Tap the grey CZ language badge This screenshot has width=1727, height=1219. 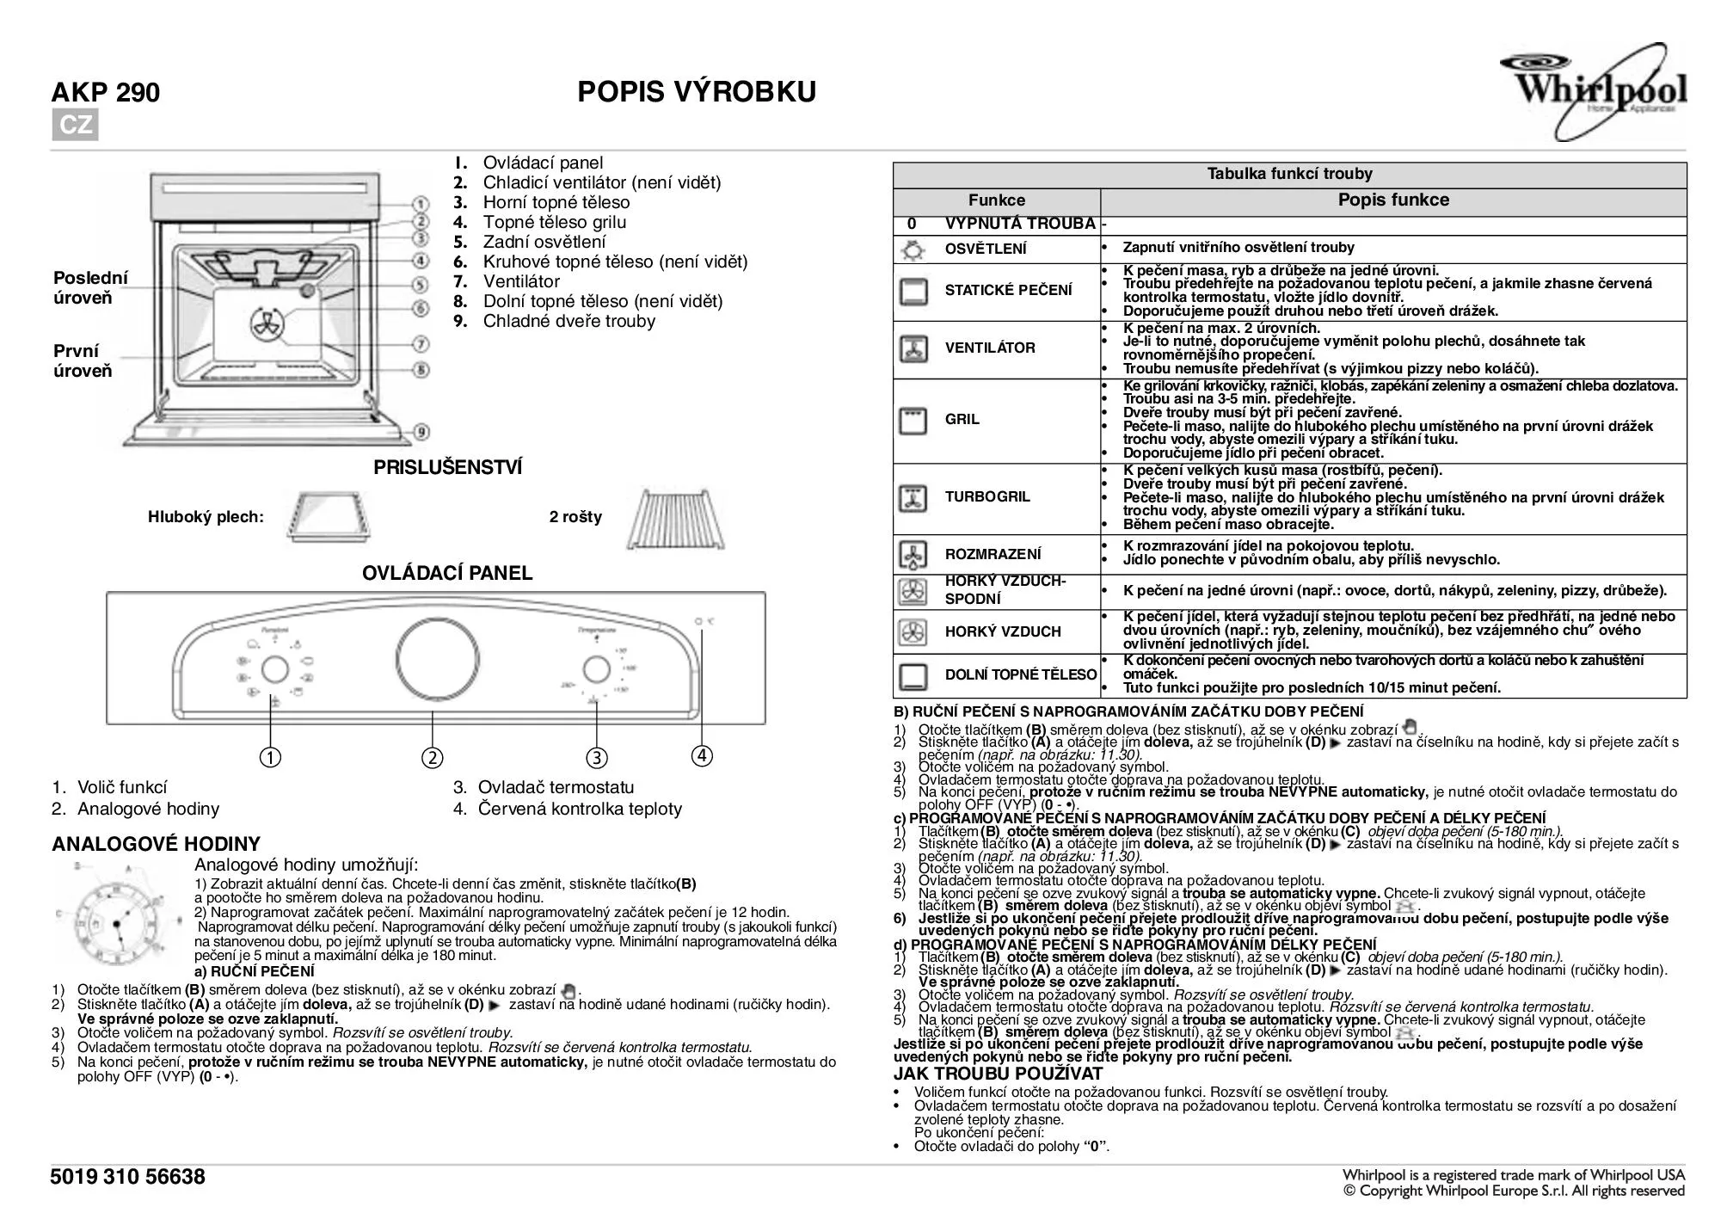tap(75, 126)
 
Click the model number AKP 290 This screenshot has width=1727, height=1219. tap(106, 93)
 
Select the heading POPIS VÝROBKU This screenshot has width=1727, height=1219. tap(697, 92)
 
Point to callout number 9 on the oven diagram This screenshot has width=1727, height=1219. tap(421, 432)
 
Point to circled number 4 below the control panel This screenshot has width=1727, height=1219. tap(702, 756)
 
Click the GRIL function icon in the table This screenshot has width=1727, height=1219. tap(913, 421)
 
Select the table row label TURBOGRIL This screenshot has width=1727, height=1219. tap(987, 497)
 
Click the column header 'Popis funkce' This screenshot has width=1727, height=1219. tap(1392, 200)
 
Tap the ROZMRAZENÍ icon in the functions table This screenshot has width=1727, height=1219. tap(913, 555)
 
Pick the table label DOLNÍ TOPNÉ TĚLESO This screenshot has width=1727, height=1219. tap(1020, 675)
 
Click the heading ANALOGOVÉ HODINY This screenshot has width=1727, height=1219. tap(156, 844)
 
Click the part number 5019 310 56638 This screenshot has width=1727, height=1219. tap(128, 1177)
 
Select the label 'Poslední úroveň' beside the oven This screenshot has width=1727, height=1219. tap(90, 288)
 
